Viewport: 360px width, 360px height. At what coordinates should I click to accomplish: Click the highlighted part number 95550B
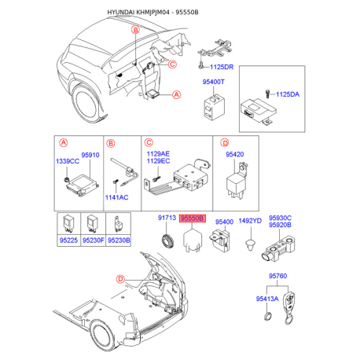[x=193, y=218]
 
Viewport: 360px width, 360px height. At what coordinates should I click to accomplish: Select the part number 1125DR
[x=222, y=67]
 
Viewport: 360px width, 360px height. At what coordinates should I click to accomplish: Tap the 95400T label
[x=213, y=82]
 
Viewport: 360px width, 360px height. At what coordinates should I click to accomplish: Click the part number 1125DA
[x=288, y=94]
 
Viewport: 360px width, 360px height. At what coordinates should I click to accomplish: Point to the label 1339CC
[x=68, y=161]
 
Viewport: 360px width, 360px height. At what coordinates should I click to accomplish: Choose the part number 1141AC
[x=116, y=197]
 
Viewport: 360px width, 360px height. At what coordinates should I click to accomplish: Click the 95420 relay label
[x=235, y=154]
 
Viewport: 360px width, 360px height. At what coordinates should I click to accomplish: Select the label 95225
[x=68, y=241]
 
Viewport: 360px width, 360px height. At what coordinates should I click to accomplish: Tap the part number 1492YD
[x=250, y=221]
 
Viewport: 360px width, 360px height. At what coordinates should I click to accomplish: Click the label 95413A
[x=267, y=299]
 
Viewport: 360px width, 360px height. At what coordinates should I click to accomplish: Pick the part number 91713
[x=167, y=218]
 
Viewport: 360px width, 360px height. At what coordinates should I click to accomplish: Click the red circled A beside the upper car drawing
[x=177, y=94]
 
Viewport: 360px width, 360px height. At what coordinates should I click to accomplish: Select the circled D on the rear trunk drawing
[x=120, y=279]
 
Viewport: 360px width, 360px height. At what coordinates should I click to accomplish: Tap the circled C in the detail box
[x=149, y=142]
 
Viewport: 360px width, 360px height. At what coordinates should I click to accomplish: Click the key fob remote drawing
[x=289, y=308]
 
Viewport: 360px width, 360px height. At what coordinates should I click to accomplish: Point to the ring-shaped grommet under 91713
[x=167, y=241]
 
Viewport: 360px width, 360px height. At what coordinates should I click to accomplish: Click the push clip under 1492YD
[x=251, y=245]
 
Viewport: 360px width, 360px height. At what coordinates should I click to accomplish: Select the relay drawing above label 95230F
[x=93, y=224]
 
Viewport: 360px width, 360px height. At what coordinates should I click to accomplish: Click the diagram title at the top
[x=152, y=12]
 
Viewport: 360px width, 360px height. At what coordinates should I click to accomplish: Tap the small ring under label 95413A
[x=267, y=317]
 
